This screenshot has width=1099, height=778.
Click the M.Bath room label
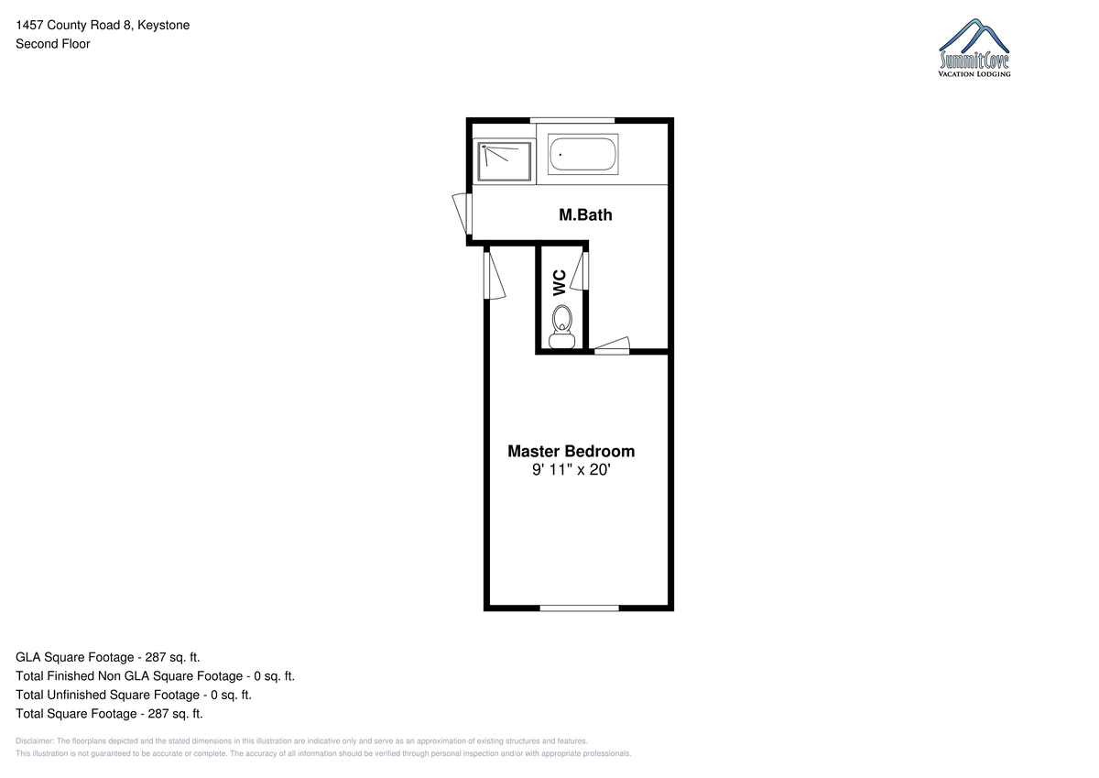pyautogui.click(x=585, y=215)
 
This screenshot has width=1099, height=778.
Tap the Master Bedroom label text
pyautogui.click(x=571, y=451)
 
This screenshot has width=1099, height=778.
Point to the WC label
pyautogui.click(x=560, y=283)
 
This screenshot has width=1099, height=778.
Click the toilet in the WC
pyautogui.click(x=561, y=326)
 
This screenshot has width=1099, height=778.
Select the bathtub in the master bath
pyautogui.click(x=582, y=154)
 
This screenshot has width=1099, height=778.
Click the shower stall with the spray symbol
pyautogui.click(x=505, y=161)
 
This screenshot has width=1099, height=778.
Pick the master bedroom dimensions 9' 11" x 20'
pyautogui.click(x=571, y=470)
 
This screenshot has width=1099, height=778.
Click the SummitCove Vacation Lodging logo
pyautogui.click(x=974, y=48)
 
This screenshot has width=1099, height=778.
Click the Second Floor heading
pyautogui.click(x=53, y=44)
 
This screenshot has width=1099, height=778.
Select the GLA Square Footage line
pyautogui.click(x=108, y=657)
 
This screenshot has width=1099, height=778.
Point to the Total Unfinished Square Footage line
pyautogui.click(x=134, y=695)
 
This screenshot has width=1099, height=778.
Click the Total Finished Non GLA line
pyautogui.click(x=155, y=676)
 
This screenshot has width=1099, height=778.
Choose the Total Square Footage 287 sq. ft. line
pyautogui.click(x=109, y=714)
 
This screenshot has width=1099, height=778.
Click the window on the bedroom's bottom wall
pyautogui.click(x=580, y=608)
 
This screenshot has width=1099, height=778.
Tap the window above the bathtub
pyautogui.click(x=572, y=120)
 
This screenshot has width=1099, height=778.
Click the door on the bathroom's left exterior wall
pyautogui.click(x=462, y=214)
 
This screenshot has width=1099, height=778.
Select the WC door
pyautogui.click(x=580, y=270)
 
